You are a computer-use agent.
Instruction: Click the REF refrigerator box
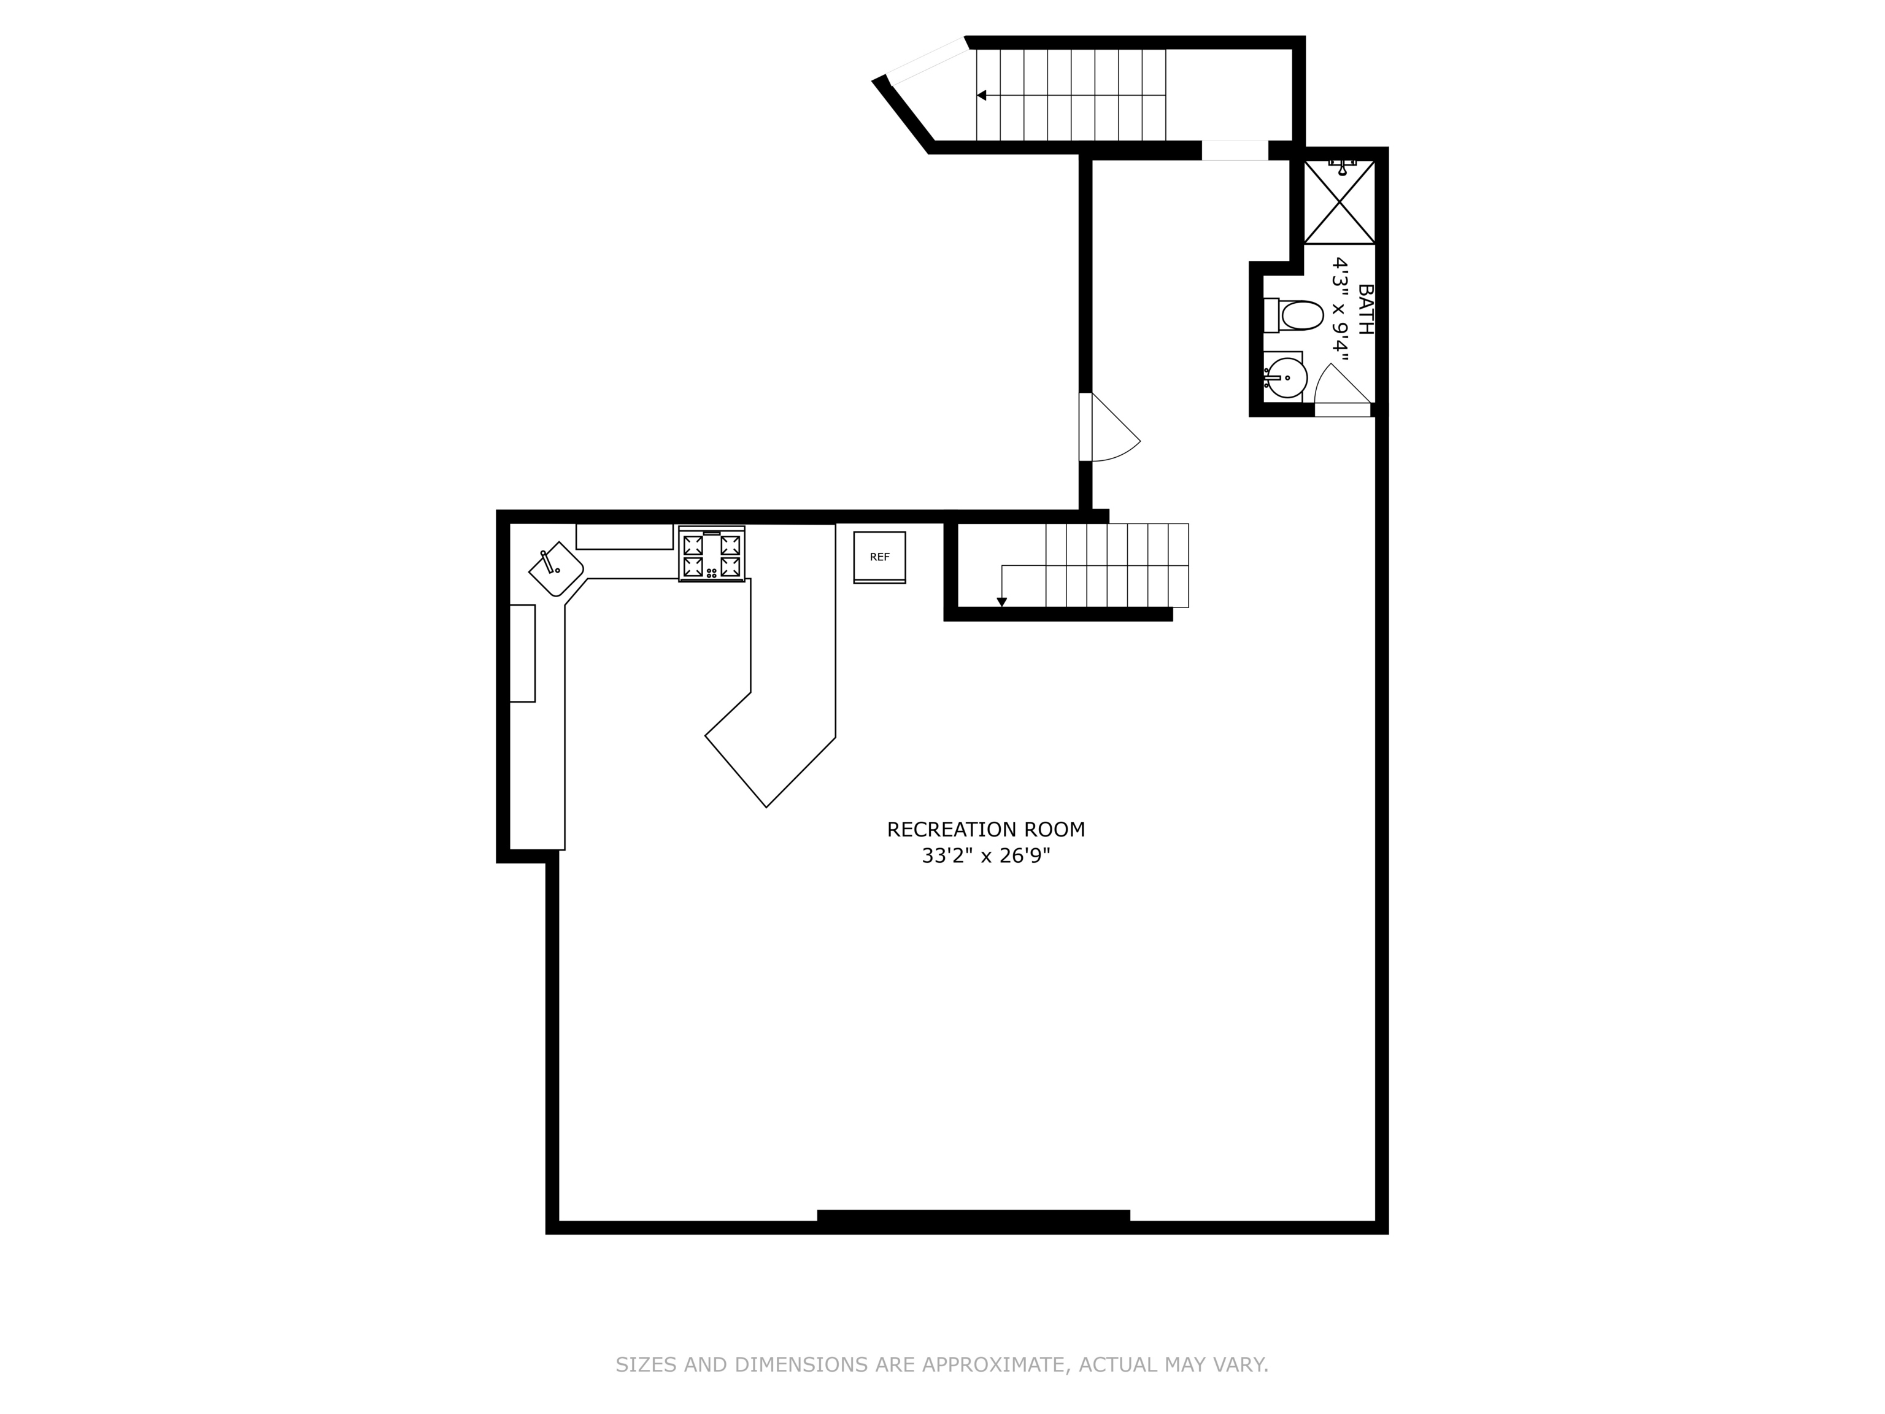879,557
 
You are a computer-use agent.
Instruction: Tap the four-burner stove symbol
712,555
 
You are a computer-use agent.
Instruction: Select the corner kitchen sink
555,568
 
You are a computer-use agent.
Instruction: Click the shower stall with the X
1339,202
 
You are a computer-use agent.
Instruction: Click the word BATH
1364,309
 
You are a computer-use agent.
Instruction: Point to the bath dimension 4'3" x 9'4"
1341,309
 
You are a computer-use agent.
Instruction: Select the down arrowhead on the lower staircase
1002,601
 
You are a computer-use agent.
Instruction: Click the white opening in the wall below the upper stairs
1234,151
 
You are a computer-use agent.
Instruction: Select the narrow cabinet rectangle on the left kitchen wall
522,653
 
